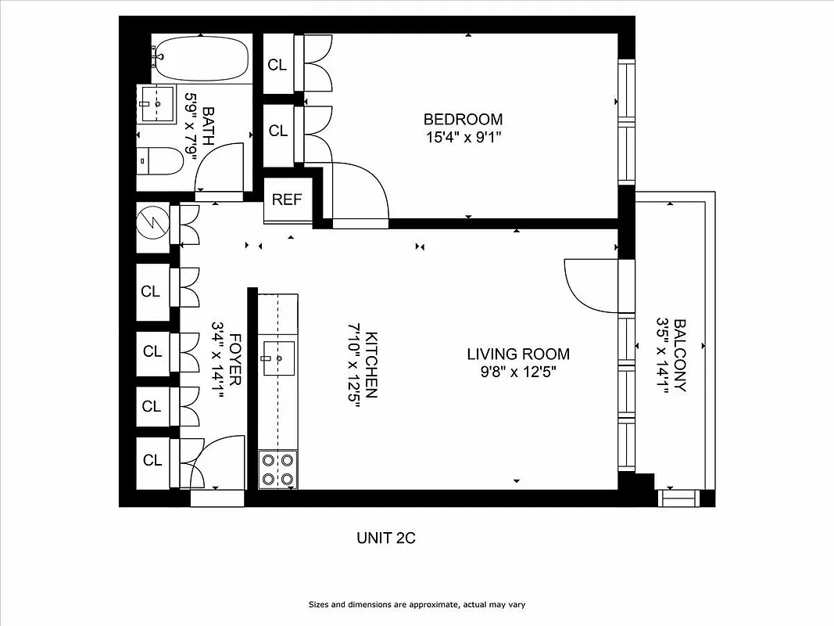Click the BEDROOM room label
click(463, 120)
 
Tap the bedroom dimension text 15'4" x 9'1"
click(463, 137)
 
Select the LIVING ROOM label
click(518, 354)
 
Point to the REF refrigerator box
click(287, 200)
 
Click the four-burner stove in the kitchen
click(278, 469)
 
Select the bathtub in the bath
click(202, 59)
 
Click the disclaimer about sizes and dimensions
click(421, 605)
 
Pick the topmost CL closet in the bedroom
click(277, 65)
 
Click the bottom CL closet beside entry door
click(152, 461)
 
